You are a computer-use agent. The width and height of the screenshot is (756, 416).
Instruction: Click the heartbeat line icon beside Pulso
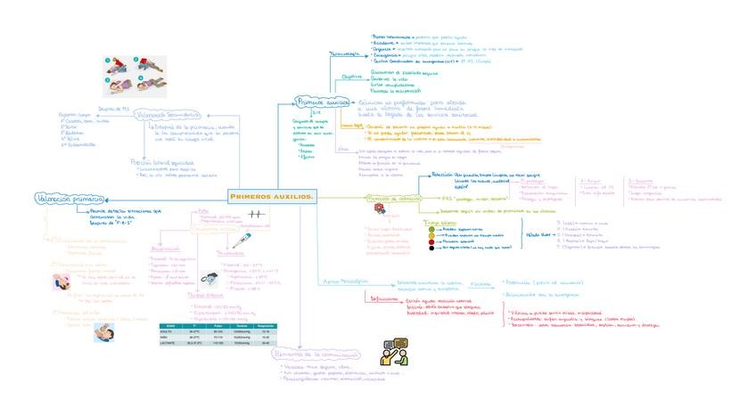pyautogui.click(x=257, y=215)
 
